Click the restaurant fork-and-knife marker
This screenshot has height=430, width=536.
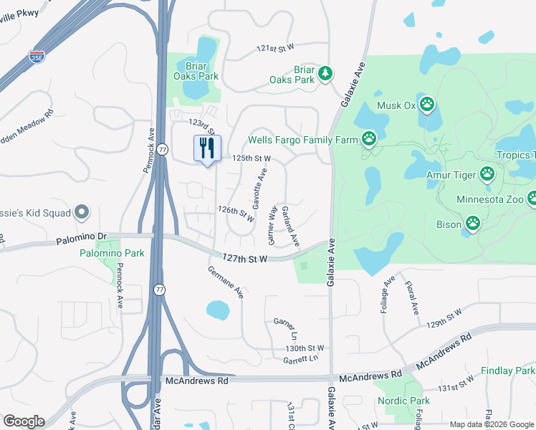(x=207, y=148)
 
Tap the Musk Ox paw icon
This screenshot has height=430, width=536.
(x=427, y=105)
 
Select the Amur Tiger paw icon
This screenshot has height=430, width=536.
(x=487, y=173)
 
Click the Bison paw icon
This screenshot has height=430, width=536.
(x=473, y=224)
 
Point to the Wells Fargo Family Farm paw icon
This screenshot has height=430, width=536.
(x=369, y=138)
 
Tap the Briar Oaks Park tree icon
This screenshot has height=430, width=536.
(x=325, y=73)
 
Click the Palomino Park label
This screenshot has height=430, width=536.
(x=112, y=253)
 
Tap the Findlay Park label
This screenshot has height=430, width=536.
(x=508, y=371)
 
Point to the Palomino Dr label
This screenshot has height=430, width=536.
(x=82, y=236)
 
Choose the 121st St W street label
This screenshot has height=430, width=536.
(x=276, y=48)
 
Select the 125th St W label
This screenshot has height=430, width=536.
(x=250, y=158)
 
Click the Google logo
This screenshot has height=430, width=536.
(x=24, y=421)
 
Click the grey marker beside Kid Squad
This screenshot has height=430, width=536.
(x=81, y=212)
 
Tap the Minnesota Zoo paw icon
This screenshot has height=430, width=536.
(x=532, y=199)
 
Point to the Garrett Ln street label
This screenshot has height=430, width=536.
(x=300, y=358)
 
